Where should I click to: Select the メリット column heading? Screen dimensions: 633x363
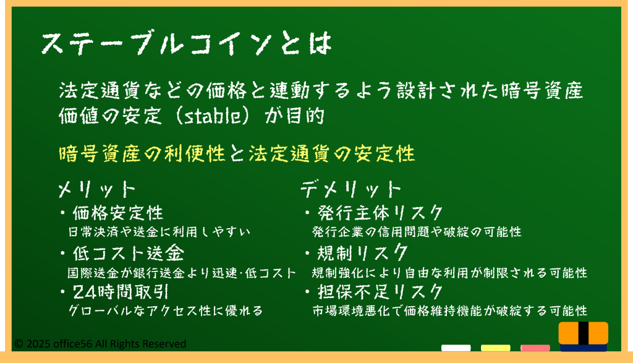97,189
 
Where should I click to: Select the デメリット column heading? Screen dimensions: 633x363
351,189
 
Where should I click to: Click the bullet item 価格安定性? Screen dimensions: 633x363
118,213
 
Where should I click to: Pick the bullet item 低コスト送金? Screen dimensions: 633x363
129,253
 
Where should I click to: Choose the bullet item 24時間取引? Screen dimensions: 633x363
121,291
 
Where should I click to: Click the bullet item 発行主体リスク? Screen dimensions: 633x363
380,213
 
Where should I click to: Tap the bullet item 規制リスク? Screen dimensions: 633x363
362,253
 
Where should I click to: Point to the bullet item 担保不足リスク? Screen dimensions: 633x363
380,291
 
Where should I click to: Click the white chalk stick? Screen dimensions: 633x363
456,348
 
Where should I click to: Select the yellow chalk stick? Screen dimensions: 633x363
495,348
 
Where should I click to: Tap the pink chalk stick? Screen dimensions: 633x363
535,348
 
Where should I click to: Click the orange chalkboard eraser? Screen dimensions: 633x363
584,336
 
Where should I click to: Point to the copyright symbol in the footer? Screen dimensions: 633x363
19,344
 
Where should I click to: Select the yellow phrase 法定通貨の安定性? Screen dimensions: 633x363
332,153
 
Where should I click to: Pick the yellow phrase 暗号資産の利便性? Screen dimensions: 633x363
142,153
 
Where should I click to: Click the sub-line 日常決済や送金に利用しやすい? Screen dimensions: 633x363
159,232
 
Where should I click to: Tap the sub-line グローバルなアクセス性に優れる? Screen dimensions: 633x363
166,310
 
